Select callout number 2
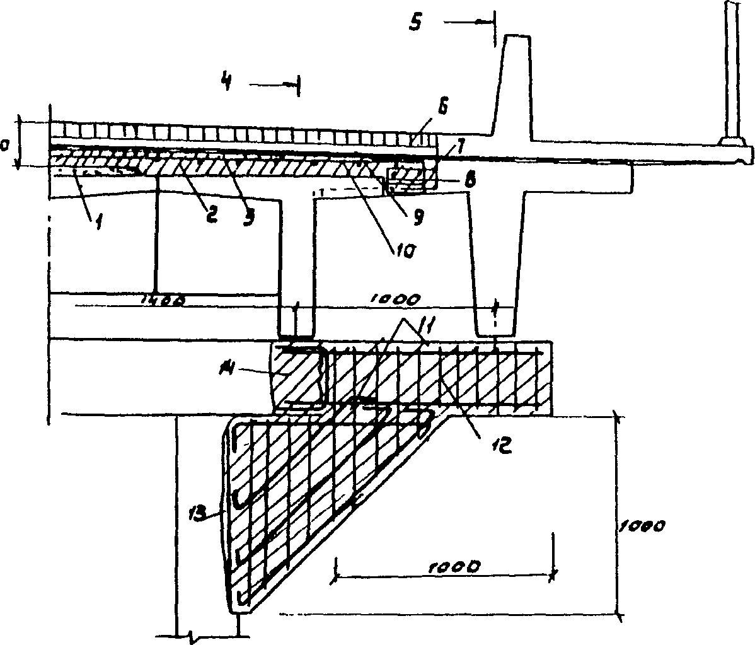[x=210, y=214]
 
